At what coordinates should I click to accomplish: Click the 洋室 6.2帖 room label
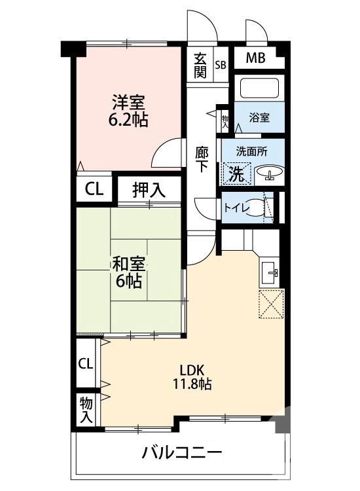[128, 111]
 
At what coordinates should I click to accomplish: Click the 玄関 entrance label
[200, 65]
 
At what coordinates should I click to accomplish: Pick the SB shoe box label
[221, 64]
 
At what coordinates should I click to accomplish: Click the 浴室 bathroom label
[259, 118]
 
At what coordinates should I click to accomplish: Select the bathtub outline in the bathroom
[259, 88]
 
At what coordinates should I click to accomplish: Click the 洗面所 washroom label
[253, 151]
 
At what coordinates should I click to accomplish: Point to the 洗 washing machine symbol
[236, 173]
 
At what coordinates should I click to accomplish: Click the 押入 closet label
[149, 191]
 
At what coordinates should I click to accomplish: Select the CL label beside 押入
[94, 190]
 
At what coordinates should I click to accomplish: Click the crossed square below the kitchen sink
[270, 304]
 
